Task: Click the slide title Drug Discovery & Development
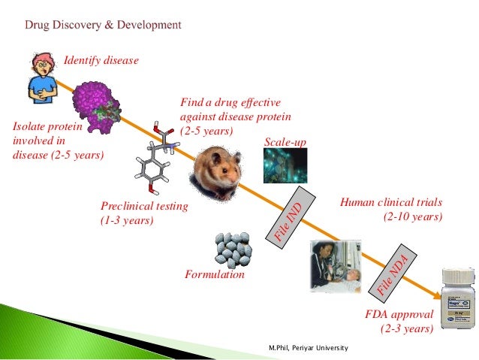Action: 104,25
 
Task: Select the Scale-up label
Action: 285,143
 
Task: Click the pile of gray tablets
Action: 233,248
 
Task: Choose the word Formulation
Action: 215,275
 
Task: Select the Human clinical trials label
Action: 391,210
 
